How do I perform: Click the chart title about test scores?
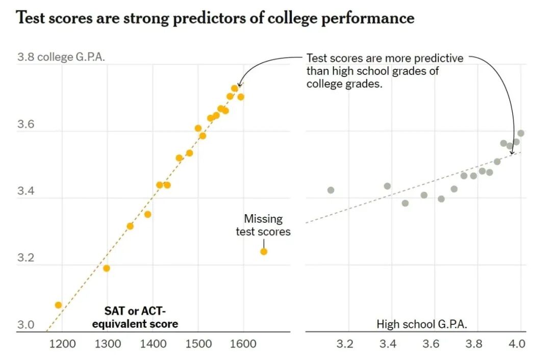(215, 18)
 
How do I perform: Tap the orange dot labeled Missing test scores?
(264, 251)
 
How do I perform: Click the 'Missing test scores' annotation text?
(263, 225)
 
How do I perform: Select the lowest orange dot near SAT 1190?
(58, 305)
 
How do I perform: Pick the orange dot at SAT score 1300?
(107, 268)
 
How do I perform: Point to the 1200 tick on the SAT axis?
(62, 344)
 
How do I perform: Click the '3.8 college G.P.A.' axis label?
(61, 57)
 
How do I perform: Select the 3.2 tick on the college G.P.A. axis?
(25, 258)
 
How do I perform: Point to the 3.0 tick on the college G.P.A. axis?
(25, 325)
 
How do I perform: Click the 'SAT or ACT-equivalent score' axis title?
(141, 317)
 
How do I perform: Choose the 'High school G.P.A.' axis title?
(422, 324)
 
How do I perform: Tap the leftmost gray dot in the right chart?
(331, 190)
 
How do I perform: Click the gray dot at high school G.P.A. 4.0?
(520, 134)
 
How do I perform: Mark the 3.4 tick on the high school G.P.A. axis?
(388, 344)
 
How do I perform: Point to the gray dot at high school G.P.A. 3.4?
(387, 186)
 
